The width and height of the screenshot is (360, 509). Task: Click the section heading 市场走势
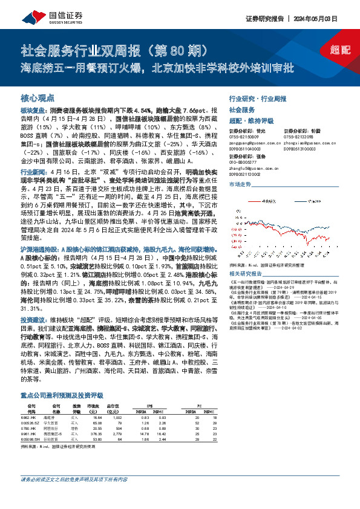point(240,184)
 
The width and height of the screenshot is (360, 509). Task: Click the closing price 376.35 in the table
point(94,434)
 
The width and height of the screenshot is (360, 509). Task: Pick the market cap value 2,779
point(117,434)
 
